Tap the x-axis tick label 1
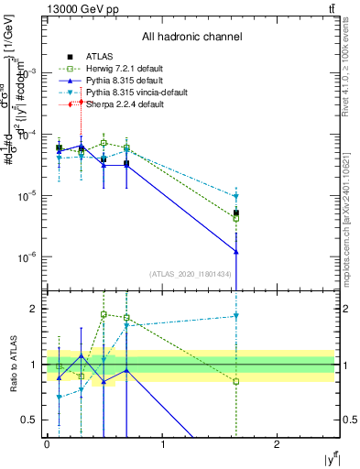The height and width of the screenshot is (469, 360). pyautogui.click(x=163, y=444)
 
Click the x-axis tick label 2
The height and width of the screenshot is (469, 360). pyautogui.click(x=278, y=444)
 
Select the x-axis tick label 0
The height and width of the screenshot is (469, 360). pyautogui.click(x=48, y=444)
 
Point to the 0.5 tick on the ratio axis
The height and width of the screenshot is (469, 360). pyautogui.click(x=31, y=420)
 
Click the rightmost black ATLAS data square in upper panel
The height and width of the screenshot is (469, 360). pyautogui.click(x=236, y=213)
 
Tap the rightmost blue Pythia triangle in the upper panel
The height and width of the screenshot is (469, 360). pyautogui.click(x=236, y=251)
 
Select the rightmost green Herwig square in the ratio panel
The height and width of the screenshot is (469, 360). pyautogui.click(x=236, y=381)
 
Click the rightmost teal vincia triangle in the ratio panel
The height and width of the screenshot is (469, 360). pyautogui.click(x=236, y=316)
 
